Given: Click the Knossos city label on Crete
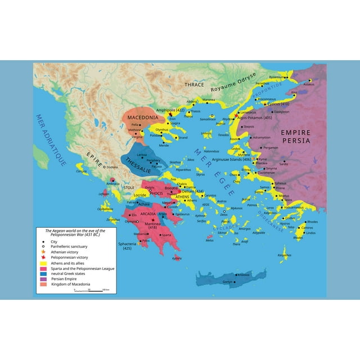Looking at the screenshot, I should coord(244,274).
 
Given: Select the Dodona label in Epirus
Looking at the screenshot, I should coord(112,167).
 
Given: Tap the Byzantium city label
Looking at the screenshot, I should coord(277,76).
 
